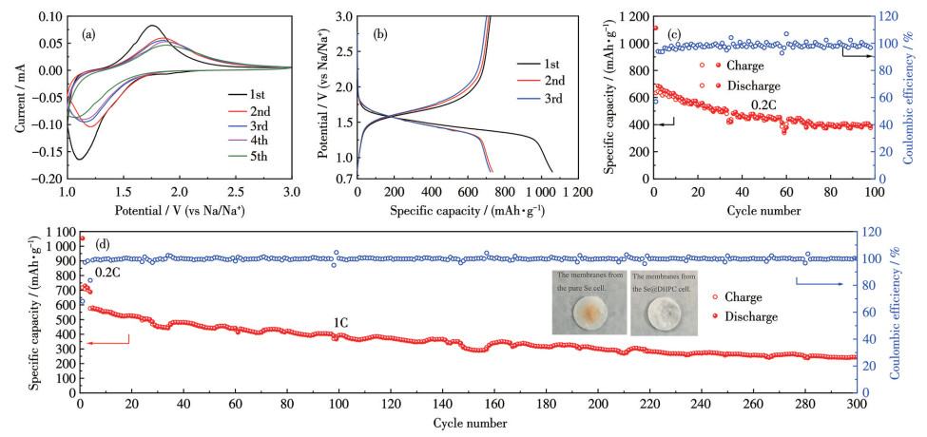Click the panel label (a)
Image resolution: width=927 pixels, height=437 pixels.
click(87, 33)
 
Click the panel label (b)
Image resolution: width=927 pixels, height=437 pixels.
click(379, 33)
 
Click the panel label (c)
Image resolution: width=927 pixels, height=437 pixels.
click(675, 33)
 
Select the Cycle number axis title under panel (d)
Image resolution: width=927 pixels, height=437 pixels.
click(468, 422)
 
